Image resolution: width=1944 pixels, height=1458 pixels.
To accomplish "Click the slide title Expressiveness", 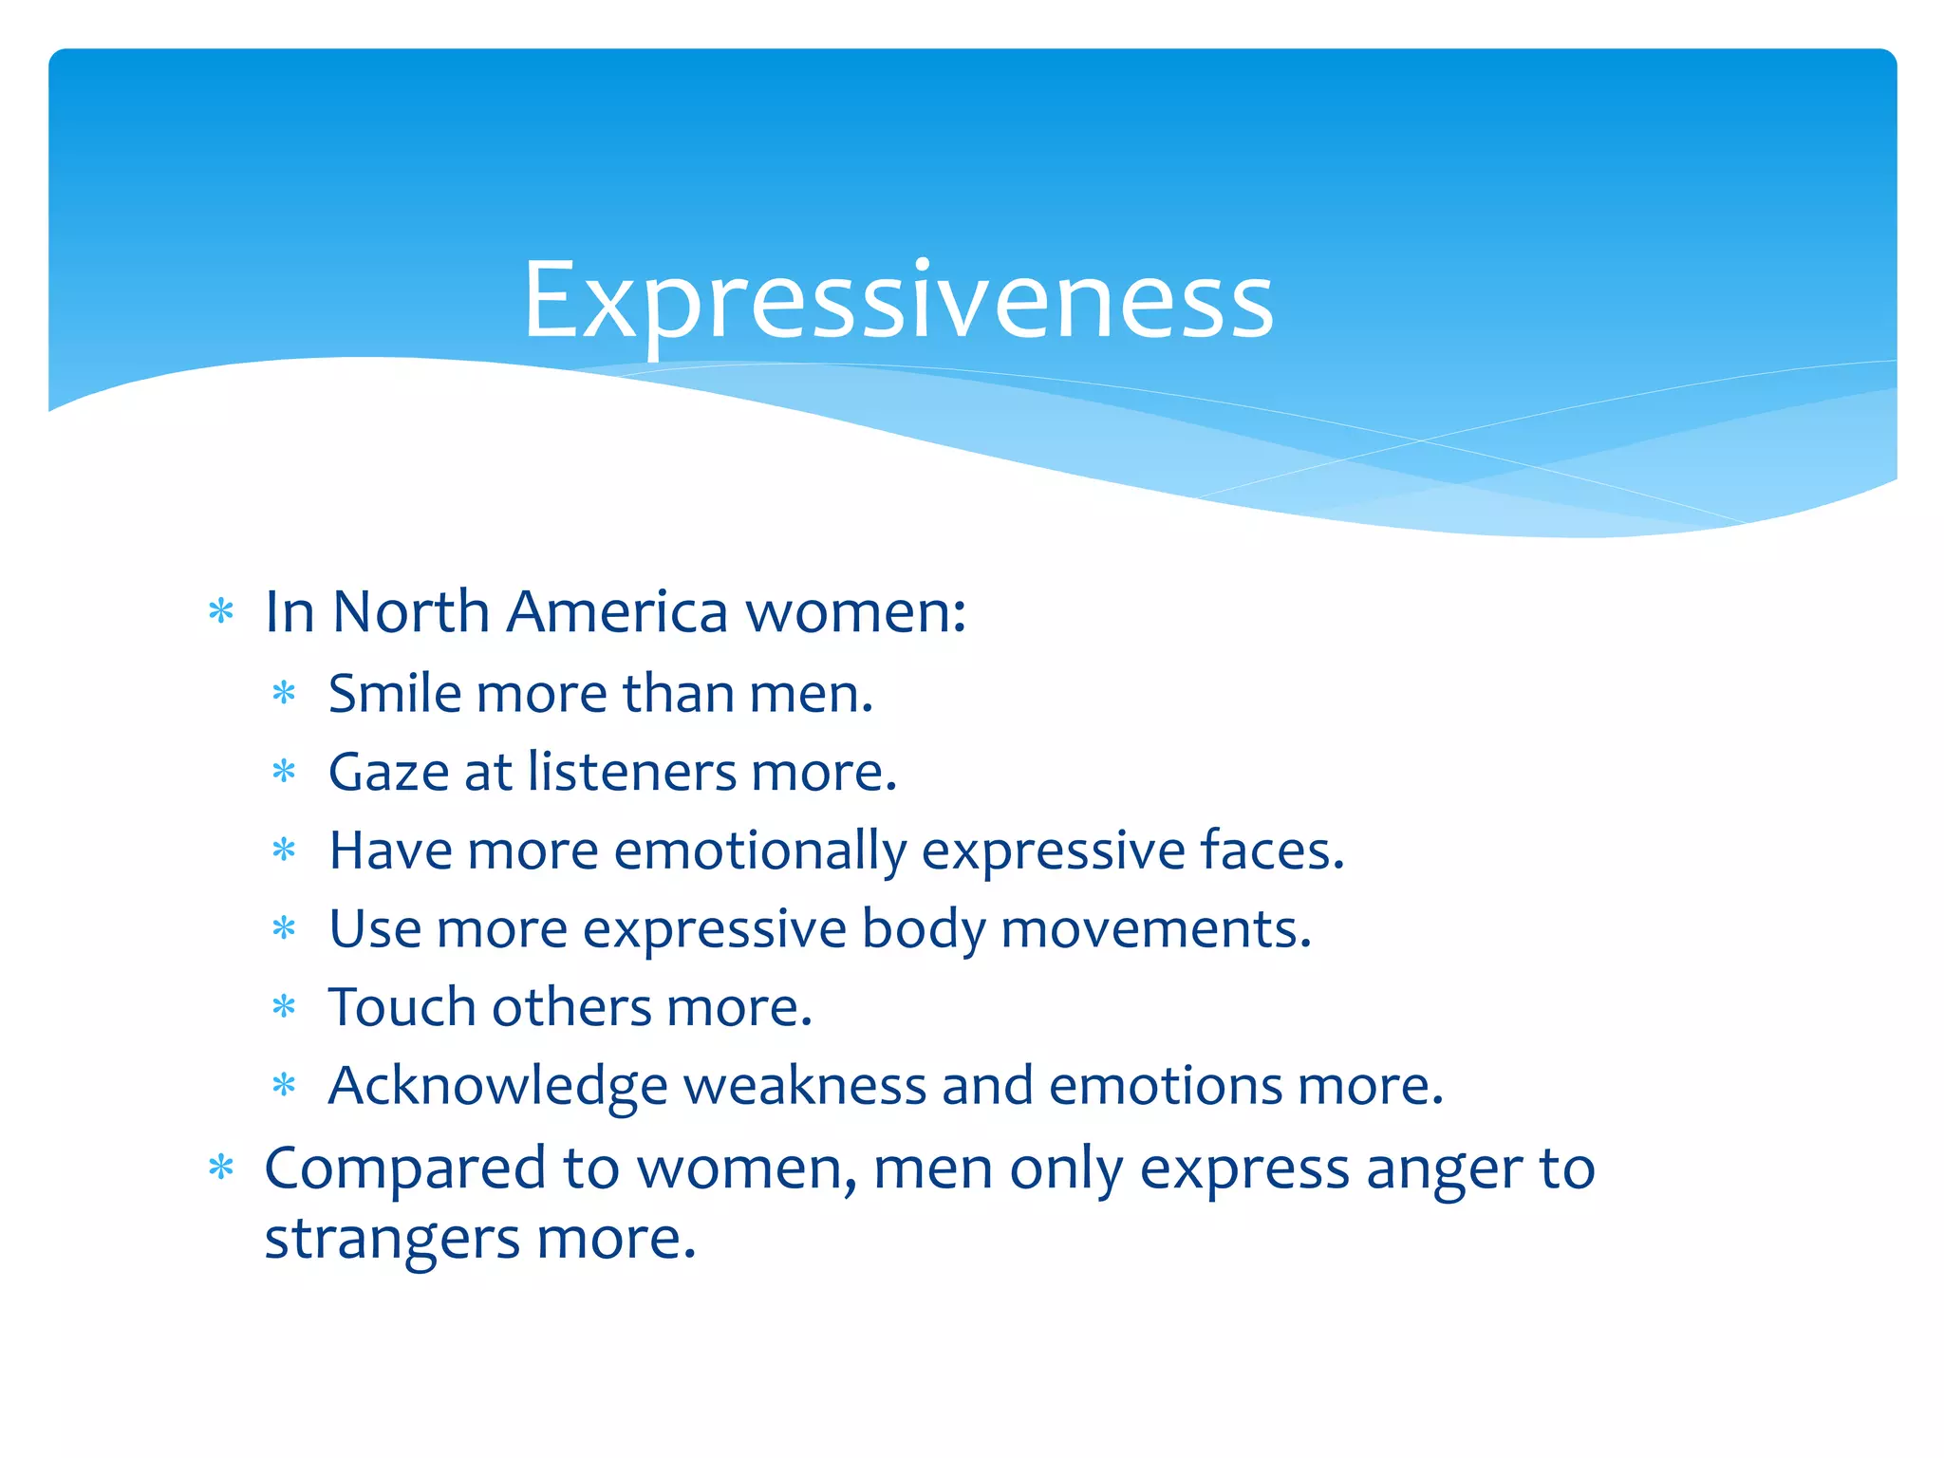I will pos(898,302).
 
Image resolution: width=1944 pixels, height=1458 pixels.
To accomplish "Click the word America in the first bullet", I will pos(617,611).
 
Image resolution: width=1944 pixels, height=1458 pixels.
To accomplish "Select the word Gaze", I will pos(388,772).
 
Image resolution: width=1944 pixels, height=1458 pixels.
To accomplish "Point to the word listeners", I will pos(632,772).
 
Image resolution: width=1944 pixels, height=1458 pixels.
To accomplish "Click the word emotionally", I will pos(760,850).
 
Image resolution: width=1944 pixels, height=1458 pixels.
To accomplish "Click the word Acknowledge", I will pos(497,1086).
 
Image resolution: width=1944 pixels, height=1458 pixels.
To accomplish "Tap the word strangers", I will pos(392,1240).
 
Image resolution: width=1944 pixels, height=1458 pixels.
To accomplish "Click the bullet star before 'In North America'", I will pos(221,612).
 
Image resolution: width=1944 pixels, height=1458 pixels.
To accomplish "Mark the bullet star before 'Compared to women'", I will pos(221,1168).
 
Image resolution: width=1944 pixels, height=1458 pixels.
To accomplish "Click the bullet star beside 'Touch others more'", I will pos(284,1007).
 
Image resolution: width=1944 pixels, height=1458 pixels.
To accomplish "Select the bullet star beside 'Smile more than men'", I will pos(284,694).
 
